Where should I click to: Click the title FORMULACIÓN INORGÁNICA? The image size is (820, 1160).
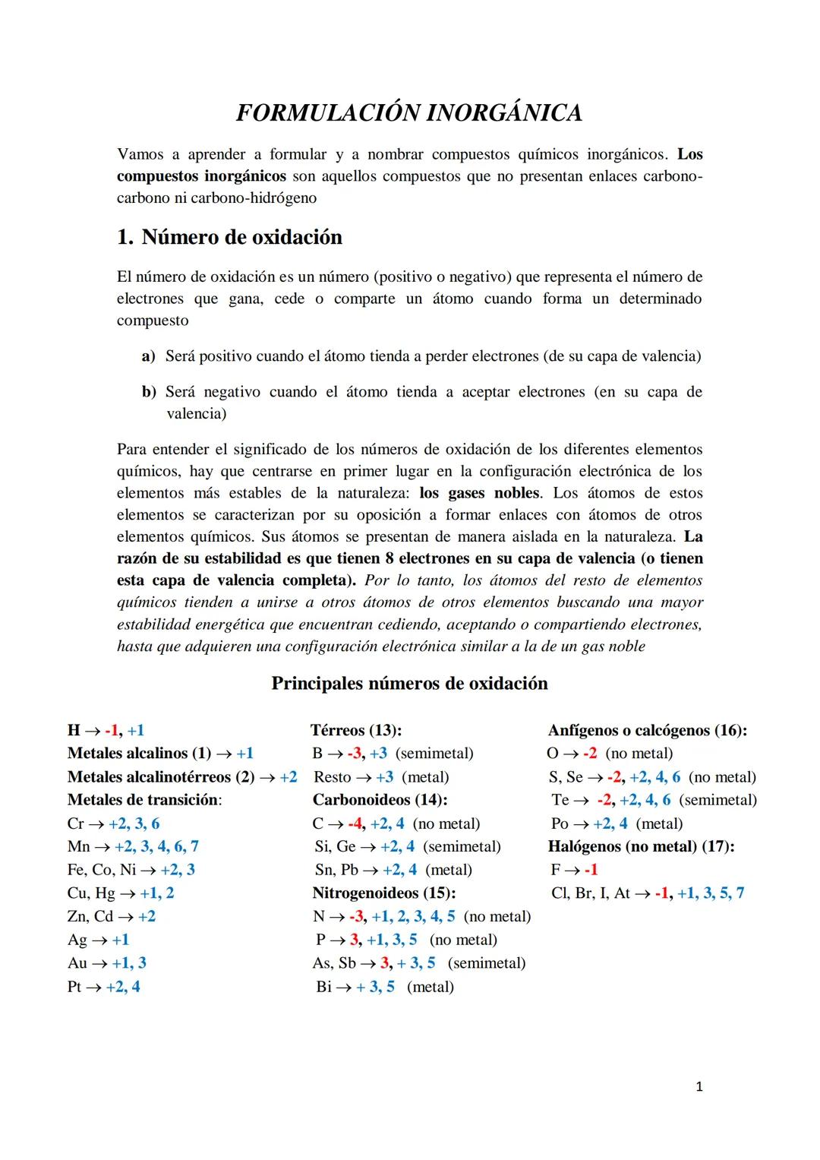coord(409,112)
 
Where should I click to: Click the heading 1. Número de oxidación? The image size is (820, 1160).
coord(229,237)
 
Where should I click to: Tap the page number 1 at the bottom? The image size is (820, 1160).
coord(699,1087)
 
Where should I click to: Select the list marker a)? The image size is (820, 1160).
coord(148,356)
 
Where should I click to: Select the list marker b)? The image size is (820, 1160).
coord(149,392)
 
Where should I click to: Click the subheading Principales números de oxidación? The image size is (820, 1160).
coord(409,683)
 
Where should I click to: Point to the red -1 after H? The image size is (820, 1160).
coord(112,730)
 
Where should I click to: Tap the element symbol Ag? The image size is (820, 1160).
coord(77,940)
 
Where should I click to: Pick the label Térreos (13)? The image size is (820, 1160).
coord(356,730)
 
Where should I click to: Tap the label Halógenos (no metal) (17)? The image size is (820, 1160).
coord(641,846)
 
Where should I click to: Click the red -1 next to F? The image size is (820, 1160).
coord(591,870)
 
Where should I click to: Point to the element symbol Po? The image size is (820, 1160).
coord(560,823)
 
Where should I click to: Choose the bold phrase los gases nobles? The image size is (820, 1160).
coord(480,493)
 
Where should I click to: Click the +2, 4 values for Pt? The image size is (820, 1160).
coord(123,986)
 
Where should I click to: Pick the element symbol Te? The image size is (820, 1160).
coord(560,800)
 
